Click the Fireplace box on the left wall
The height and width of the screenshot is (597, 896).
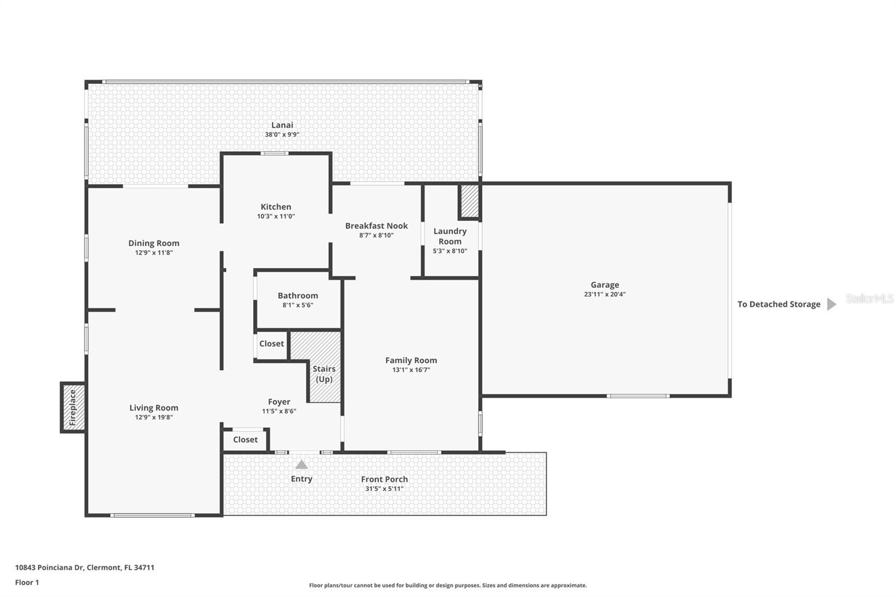73,407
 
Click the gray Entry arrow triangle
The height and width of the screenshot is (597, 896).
301,465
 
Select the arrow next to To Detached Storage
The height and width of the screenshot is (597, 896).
832,304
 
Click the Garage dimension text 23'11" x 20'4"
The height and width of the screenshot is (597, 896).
604,294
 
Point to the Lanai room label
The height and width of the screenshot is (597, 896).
282,125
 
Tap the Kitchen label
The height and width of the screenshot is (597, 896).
276,207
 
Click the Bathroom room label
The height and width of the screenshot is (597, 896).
297,295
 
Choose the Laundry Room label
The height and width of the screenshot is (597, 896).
450,236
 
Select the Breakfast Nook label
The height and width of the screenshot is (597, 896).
376,226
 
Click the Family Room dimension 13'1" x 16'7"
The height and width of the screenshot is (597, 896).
411,370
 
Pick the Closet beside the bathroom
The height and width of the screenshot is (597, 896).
272,343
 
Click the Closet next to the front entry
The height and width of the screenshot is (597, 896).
245,440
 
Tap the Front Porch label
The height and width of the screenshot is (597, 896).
384,479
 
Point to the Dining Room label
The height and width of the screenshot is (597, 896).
153,243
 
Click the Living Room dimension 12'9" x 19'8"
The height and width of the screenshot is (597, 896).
153,417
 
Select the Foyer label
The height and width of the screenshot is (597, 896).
279,402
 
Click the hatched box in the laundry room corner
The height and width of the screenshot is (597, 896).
469,201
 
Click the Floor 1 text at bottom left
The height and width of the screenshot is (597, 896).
27,582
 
